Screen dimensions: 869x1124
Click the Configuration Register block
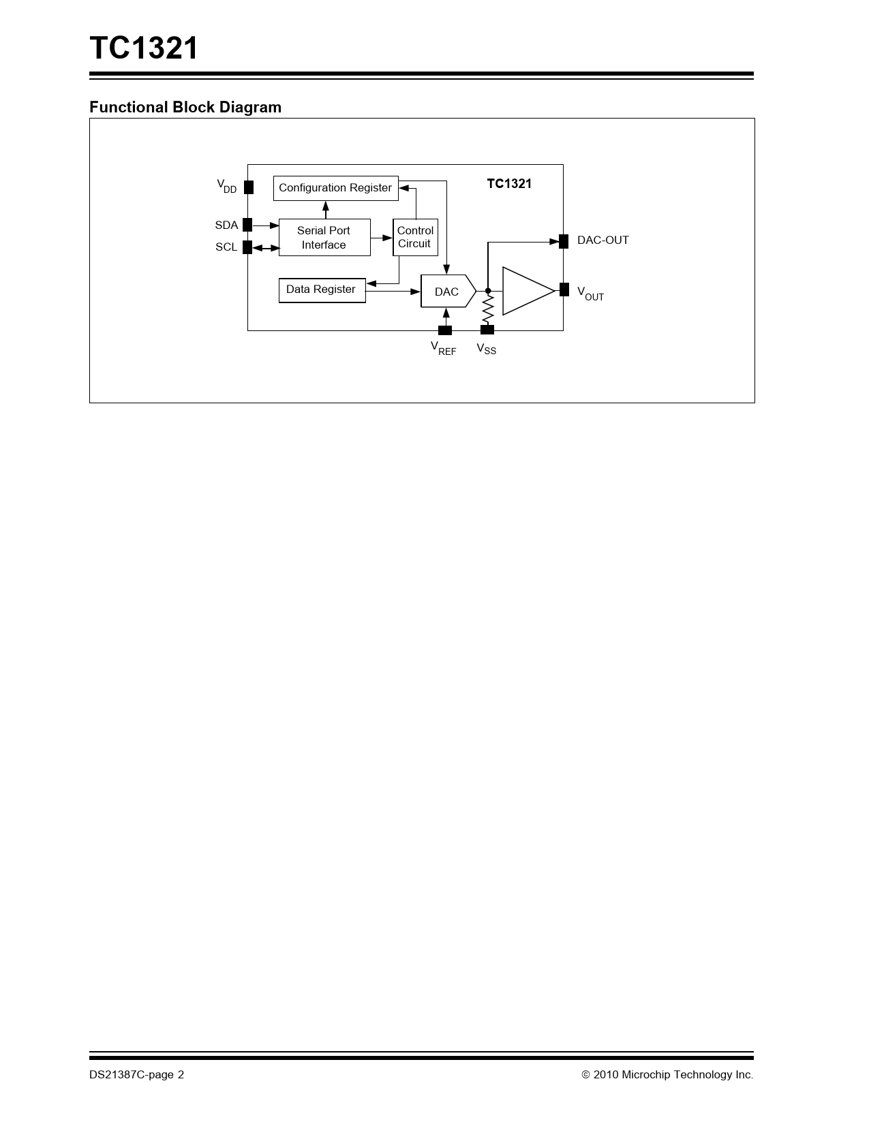336,188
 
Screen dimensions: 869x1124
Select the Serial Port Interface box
324,238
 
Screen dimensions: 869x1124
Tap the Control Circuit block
415,238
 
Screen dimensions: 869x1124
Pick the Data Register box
322,290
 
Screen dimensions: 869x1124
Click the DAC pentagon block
448,291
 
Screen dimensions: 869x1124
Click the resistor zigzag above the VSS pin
487,309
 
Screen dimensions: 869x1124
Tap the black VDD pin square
249,187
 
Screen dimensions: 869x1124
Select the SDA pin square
247,225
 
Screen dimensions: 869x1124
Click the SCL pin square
247,247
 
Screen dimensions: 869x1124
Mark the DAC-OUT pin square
564,241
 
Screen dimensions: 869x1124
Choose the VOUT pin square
564,290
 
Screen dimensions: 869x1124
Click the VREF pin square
445,330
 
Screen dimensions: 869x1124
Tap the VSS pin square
487,330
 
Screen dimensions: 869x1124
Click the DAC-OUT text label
603,240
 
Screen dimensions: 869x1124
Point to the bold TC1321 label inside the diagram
509,184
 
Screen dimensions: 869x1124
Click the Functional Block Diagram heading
185,107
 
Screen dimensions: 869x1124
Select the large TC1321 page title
144,48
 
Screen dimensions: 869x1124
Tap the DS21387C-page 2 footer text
136,1074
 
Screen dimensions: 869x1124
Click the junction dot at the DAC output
488,291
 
